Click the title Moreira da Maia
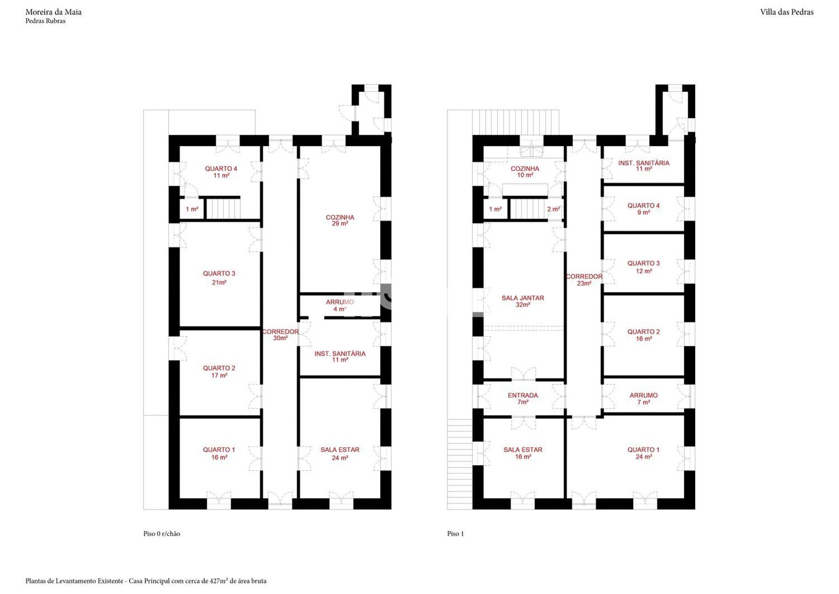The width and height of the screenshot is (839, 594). coord(53,12)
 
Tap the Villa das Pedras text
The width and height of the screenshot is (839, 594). coord(787,12)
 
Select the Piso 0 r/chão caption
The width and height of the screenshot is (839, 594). coord(162,534)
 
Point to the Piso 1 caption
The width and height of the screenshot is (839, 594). coord(455,534)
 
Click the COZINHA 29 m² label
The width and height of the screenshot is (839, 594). coord(340,220)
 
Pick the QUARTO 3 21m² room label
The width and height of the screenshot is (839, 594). coord(219,278)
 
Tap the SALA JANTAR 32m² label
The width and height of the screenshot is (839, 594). coord(523,301)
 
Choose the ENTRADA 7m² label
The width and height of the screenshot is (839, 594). coord(523,398)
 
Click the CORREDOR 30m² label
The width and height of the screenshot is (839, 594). coord(280,335)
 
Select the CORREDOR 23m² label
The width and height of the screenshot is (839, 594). coord(584,280)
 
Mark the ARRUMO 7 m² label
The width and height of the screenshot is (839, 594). coord(643,398)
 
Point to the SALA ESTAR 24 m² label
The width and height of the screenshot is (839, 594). coord(340,454)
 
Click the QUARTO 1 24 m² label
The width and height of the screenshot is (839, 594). coord(643,453)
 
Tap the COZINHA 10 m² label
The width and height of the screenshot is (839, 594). coord(525,172)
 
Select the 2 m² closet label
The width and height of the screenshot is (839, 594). coord(554,209)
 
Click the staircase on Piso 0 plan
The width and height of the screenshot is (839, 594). coord(223,208)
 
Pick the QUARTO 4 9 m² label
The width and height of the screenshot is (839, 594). coord(643,209)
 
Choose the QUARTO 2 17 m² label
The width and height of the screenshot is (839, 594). coord(219,372)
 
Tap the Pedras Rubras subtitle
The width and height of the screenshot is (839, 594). coord(45,21)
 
